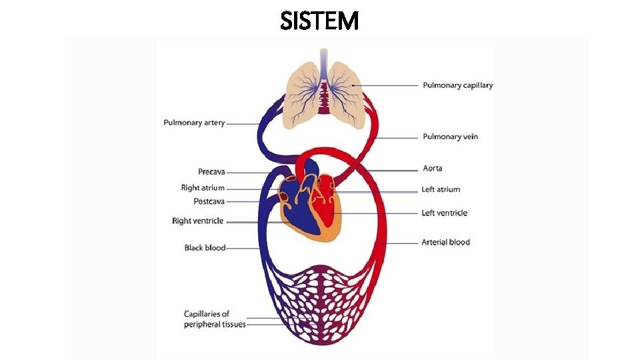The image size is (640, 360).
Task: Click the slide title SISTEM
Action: (320, 21)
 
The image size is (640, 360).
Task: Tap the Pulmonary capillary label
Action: (458, 85)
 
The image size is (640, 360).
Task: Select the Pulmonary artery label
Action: (194, 123)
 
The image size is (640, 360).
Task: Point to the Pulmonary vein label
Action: (450, 137)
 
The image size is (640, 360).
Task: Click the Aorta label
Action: (432, 169)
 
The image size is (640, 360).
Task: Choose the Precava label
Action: (211, 172)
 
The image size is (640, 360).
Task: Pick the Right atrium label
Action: (203, 188)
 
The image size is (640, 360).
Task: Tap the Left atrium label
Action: (441, 189)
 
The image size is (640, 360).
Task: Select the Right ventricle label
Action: (197, 221)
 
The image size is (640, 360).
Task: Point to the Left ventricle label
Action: (444, 213)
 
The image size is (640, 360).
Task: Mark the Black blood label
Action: (205, 248)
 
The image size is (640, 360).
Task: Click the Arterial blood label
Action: (445, 242)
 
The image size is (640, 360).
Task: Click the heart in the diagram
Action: (309, 206)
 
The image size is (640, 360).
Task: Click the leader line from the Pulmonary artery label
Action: (241, 123)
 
